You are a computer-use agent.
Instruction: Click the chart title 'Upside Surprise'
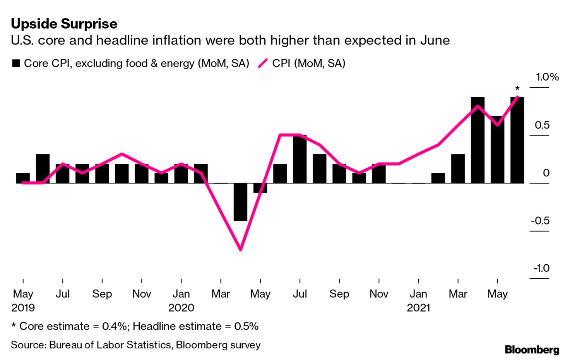pos(64,24)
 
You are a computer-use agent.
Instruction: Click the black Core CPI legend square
pos(16,63)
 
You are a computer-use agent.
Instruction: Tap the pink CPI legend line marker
pos(263,63)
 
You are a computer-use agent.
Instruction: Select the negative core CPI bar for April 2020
pos(240,202)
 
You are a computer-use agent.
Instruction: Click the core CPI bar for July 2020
pos(300,159)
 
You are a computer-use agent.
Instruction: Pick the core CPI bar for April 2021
pos(478,140)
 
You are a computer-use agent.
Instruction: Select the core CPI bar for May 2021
pos(497,149)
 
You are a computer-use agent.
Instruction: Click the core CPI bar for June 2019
pos(43,168)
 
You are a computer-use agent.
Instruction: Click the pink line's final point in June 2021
pos(517,97)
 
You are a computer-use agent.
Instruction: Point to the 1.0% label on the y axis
pos(547,77)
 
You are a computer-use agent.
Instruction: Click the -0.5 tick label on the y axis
pos(540,221)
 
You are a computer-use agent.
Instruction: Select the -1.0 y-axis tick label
pos(541,268)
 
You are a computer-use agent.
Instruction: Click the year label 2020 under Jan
pos(181,308)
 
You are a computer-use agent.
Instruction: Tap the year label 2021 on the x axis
pos(418,308)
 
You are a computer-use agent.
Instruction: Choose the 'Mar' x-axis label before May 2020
pos(221,294)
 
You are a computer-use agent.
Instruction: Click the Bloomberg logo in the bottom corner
pos(532,350)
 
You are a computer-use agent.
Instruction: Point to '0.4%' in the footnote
pos(115,326)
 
